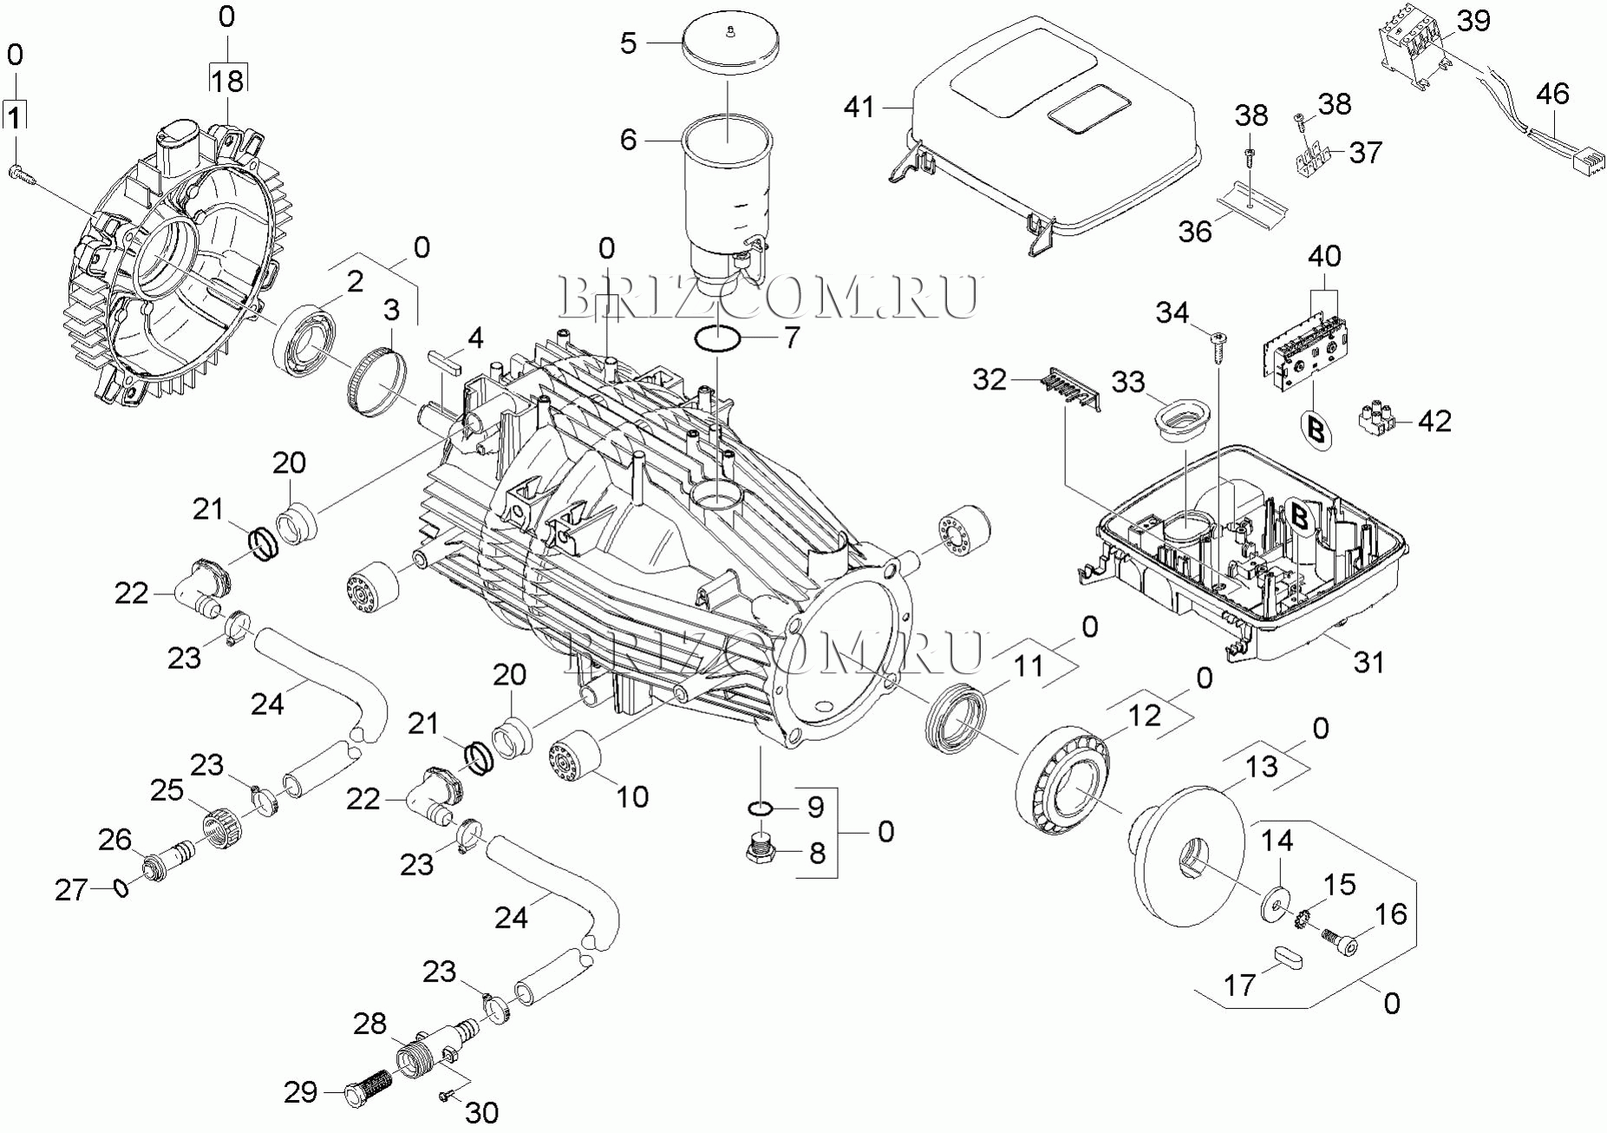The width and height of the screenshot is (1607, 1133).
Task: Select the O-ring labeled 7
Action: pyautogui.click(x=718, y=339)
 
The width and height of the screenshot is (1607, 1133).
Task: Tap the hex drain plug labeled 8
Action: pyautogui.click(x=761, y=848)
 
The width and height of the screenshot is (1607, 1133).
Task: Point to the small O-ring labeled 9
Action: pyautogui.click(x=761, y=809)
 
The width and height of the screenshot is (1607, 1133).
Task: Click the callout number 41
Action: pyautogui.click(x=859, y=108)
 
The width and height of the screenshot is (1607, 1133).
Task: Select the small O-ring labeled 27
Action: pyautogui.click(x=121, y=887)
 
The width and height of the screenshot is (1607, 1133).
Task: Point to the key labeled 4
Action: pyautogui.click(x=446, y=360)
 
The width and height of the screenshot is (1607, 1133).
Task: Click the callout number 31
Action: pyautogui.click(x=1369, y=662)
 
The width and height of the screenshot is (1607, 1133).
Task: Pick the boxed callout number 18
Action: pyautogui.click(x=227, y=81)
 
